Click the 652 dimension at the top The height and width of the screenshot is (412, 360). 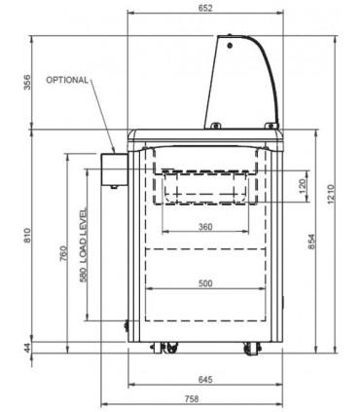(205, 8)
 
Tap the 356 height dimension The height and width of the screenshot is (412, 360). (27, 83)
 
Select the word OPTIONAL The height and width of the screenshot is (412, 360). (67, 80)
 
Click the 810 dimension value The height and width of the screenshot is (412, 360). (27, 236)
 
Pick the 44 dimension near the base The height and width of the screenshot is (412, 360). (27, 348)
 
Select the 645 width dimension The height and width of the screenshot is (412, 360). (205, 379)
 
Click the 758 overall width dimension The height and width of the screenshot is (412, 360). (192, 398)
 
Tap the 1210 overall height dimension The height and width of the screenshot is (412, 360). (331, 194)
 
